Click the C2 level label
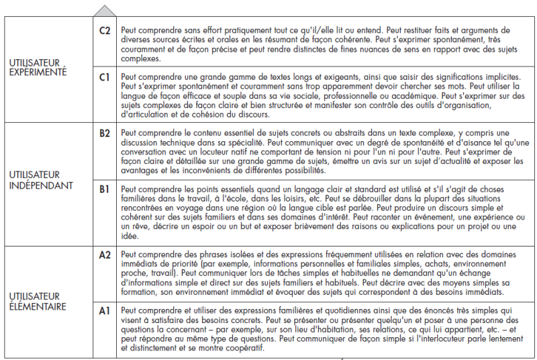coord(105,30)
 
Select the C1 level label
coord(105,77)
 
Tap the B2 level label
coord(105,133)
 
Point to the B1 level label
coord(105,189)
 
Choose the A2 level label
coord(105,256)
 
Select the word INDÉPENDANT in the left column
coord(42,185)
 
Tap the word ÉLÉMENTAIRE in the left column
coord(38,306)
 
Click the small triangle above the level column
coord(105,11)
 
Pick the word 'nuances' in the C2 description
coord(379,49)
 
